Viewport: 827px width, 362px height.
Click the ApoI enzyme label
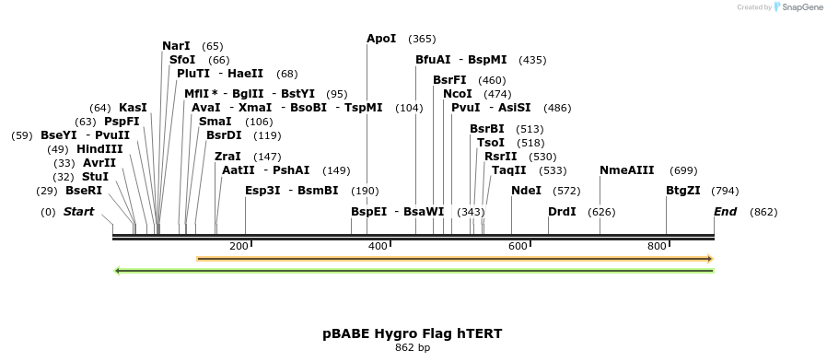pos(381,39)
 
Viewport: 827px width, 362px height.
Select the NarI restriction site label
pos(176,46)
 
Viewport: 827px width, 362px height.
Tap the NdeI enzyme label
pos(526,191)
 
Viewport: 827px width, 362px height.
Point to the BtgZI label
pos(683,191)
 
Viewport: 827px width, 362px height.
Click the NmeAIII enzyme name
pos(626,170)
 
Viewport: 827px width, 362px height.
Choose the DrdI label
pos(562,212)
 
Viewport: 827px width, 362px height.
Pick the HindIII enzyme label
pos(99,149)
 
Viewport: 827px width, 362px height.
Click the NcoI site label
pos(457,94)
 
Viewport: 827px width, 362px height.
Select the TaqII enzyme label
pos(508,170)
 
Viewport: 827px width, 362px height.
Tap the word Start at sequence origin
pos(78,212)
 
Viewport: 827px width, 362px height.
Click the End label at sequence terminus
pos(726,212)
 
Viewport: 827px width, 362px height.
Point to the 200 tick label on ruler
pos(239,247)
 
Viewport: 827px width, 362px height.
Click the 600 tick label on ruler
pos(518,247)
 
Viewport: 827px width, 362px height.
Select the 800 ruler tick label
pos(657,247)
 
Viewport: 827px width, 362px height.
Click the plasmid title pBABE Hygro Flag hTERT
pos(413,333)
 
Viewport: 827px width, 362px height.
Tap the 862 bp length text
pos(413,348)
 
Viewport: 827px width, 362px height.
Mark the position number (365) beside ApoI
pos(422,39)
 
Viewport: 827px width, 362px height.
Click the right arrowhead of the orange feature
pos(710,259)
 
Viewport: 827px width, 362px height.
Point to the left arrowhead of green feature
pos(117,271)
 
